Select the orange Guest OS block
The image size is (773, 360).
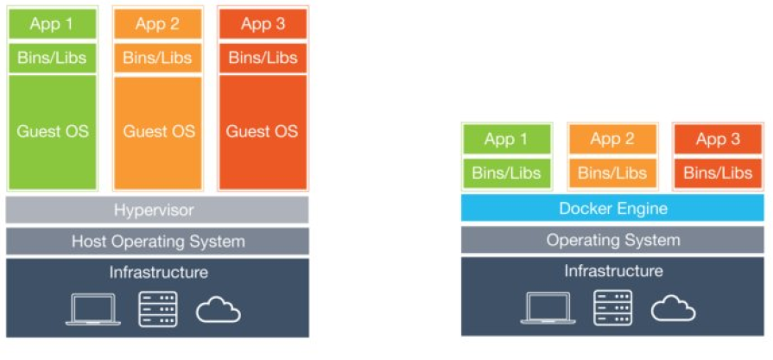pos(158,132)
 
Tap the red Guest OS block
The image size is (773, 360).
pos(262,132)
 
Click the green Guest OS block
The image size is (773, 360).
pos(52,132)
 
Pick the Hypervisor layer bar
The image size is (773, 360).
pos(157,210)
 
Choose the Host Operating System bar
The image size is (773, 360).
pos(157,242)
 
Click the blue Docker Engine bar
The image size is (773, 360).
pos(612,208)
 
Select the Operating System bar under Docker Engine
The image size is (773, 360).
pos(612,240)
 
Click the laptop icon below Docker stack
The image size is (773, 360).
pos(548,307)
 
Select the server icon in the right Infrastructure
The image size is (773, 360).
pos(612,307)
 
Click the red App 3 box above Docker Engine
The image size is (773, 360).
pos(717,139)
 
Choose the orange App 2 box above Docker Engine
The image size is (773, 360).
pos(611,139)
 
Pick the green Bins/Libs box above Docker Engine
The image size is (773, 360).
pos(506,173)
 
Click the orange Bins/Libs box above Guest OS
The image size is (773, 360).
pos(158,58)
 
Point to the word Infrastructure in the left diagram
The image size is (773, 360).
pos(158,273)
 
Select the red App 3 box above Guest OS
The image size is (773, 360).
pos(262,24)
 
